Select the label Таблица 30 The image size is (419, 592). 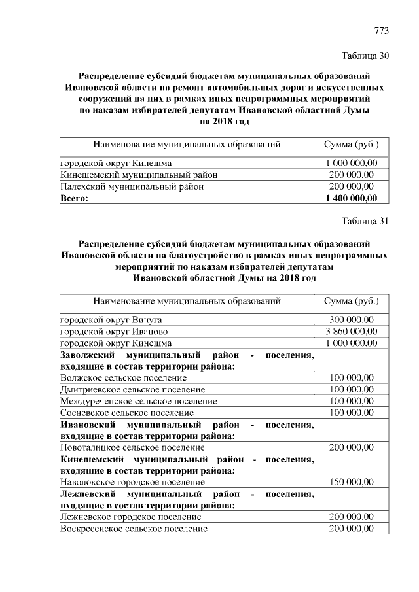(365, 56)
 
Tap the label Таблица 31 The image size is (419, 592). (365, 220)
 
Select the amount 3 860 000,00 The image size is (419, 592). (351, 331)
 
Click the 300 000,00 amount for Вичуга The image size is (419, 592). (351, 319)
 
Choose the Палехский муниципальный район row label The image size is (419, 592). (132, 186)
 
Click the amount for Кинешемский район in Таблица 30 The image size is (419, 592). (351, 175)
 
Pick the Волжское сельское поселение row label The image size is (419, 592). (123, 378)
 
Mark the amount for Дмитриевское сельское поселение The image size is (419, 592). (351, 390)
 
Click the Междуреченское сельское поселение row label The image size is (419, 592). (138, 402)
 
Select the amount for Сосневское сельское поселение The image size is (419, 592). (351, 413)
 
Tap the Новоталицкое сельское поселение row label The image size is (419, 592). (132, 447)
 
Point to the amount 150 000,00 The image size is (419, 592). (351, 482)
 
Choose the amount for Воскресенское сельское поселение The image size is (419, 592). (351, 529)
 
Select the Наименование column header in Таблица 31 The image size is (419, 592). (187, 302)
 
